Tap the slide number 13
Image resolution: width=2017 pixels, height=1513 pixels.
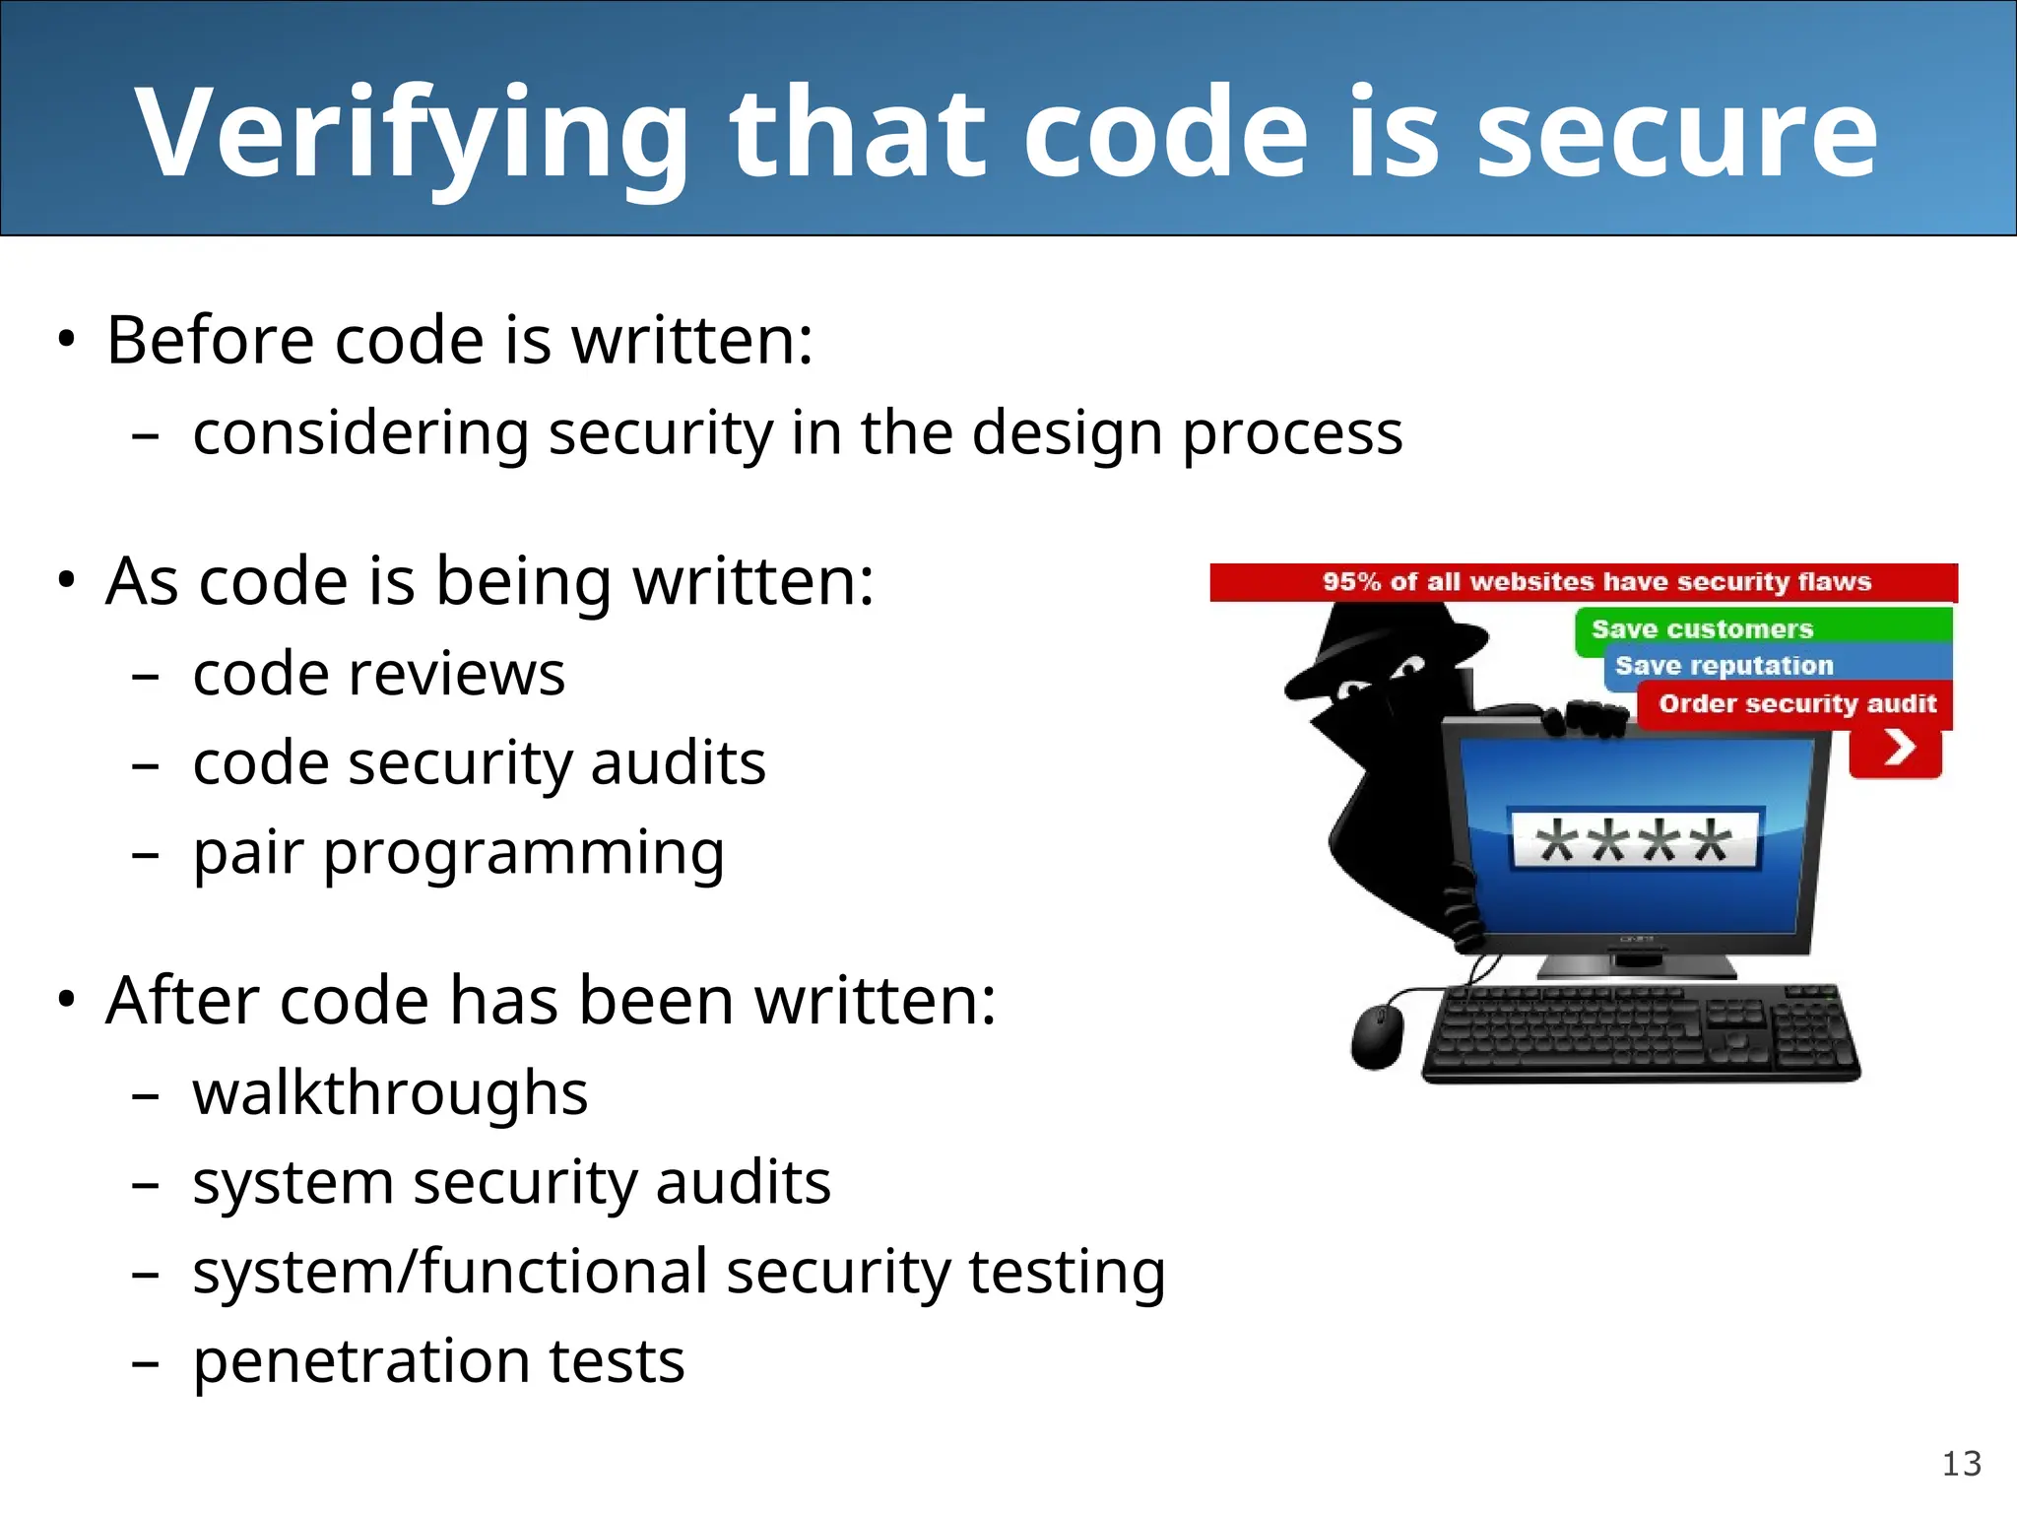pos(1961,1464)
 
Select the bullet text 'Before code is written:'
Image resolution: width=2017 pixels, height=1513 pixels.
pos(460,340)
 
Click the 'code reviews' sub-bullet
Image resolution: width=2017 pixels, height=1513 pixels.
pos(379,675)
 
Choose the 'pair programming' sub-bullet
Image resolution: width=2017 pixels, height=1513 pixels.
pos(459,853)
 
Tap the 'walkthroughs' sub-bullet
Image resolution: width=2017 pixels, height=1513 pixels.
pos(391,1093)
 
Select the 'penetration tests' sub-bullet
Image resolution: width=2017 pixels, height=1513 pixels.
pos(438,1361)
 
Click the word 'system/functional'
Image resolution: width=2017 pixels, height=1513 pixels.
pos(450,1272)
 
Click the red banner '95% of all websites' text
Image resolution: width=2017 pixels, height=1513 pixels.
pos(1595,582)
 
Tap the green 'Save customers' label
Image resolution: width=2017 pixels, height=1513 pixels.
pos(1702,629)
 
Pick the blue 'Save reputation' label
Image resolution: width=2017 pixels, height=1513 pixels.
pos(1724,666)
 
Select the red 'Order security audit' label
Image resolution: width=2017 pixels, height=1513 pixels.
pos(1796,703)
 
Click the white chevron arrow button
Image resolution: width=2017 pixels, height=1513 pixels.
pos(1897,749)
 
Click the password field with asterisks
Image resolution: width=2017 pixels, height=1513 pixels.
pos(1635,840)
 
